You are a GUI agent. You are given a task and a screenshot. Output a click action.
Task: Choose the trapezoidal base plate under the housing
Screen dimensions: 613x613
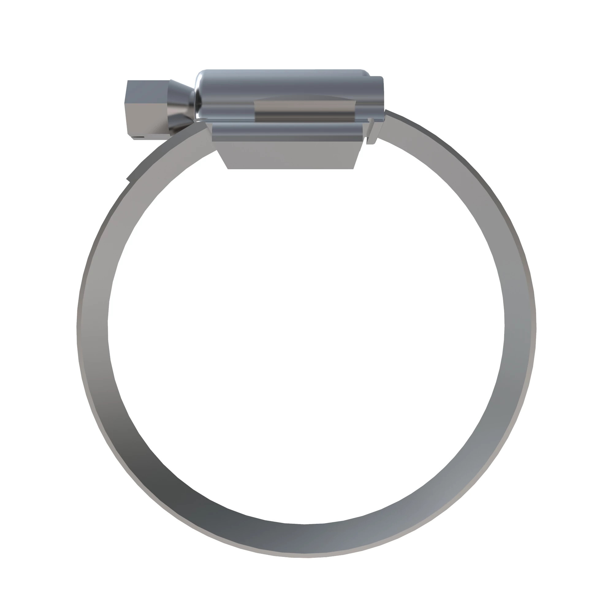pyautogui.click(x=290, y=155)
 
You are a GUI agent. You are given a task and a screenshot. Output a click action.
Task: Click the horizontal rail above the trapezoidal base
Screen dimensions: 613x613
pyautogui.click(x=287, y=132)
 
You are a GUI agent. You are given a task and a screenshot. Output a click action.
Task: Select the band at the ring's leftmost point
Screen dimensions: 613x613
pyautogui.click(x=92, y=327)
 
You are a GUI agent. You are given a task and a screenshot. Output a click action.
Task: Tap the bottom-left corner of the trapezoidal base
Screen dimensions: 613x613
pyautogui.click(x=228, y=168)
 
